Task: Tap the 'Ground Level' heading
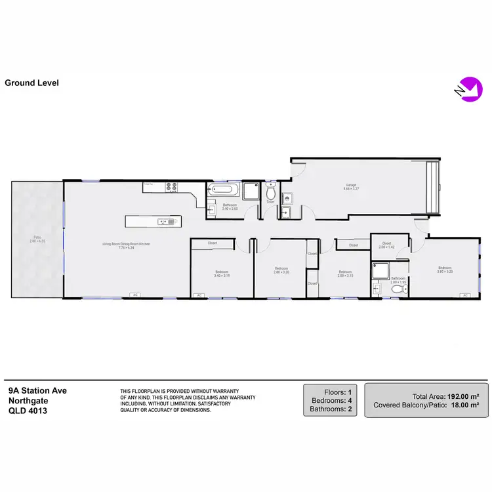pos(31,83)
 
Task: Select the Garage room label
pos(351,186)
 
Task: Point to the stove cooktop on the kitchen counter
pos(172,186)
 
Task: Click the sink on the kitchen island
pos(171,222)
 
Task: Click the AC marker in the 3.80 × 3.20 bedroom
pos(465,296)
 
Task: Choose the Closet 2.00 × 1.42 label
pos(386,245)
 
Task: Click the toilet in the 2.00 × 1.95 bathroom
pos(396,289)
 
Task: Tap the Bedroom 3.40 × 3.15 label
pos(222,274)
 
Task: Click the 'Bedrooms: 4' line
pos(331,400)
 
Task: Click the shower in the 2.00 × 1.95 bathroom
pos(380,271)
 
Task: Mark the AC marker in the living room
pos(135,296)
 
